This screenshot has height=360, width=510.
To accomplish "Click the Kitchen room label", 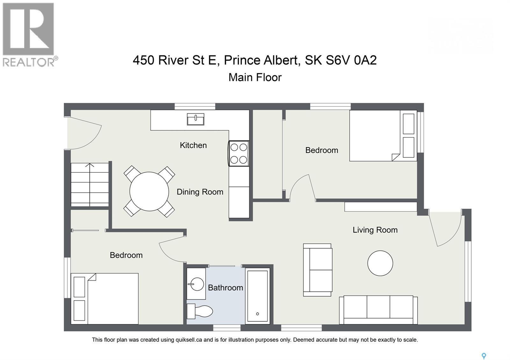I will tap(193, 145).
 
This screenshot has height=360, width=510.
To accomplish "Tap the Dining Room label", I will tap(200, 192).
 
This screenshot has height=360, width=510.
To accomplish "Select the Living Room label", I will tap(375, 230).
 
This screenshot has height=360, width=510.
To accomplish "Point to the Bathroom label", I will tap(225, 288).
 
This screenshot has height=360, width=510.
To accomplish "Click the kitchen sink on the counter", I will tap(195, 119).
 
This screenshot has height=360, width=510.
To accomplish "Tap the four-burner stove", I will tap(239, 154).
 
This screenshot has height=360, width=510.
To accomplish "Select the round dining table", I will tap(149, 191).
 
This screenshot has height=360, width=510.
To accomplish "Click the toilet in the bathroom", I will tap(200, 311).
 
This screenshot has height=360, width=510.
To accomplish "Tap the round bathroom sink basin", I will tap(196, 283).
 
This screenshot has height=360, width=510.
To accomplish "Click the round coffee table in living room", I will tap(380, 263).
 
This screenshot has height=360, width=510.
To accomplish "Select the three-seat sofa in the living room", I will tap(378, 310).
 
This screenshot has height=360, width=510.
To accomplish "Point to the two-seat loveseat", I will tap(317, 270).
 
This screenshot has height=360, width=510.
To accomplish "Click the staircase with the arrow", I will tap(90, 184).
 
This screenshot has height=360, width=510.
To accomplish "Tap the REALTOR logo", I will tap(29, 34).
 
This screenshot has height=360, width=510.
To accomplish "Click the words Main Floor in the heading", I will tap(255, 77).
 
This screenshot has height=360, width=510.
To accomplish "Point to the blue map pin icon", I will tap(484, 356).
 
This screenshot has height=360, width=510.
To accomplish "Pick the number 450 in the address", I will tap(143, 60).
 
